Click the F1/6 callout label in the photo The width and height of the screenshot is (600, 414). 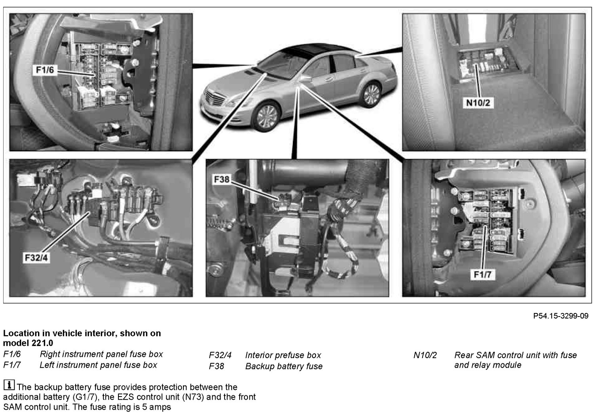pos(45,70)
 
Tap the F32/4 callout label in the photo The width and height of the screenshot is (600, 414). pos(36,258)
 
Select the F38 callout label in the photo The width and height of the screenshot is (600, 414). pos(221,179)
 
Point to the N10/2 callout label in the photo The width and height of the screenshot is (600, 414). pos(478,103)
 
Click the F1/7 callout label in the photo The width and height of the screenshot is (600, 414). pos(482,275)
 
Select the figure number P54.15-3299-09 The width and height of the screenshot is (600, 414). pos(561,316)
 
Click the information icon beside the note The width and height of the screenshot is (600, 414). pos(9,385)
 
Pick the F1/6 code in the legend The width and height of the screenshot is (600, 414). pos(12,354)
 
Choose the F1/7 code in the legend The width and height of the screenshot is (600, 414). pos(12,365)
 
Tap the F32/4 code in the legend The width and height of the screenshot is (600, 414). pos(220,355)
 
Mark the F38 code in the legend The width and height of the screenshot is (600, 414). pos(216,366)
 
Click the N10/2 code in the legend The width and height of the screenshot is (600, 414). pos(425,355)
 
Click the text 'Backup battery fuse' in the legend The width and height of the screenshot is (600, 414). pos(284,366)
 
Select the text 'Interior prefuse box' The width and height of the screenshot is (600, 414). pos(283,355)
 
